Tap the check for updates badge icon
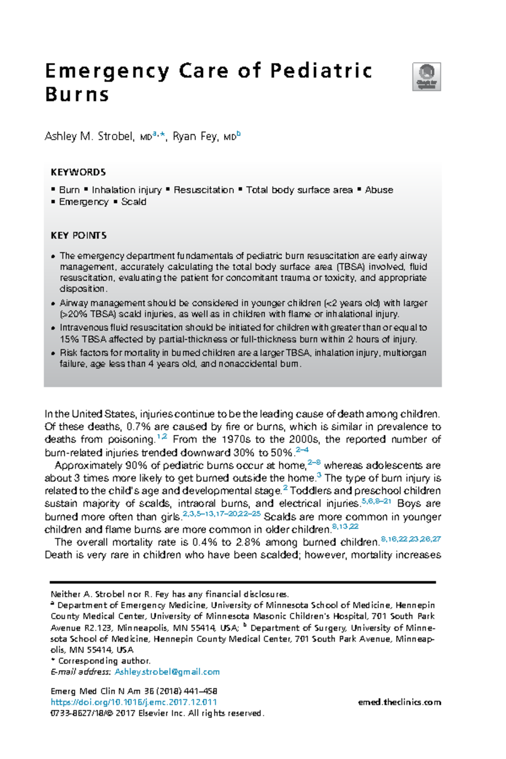tap(426, 77)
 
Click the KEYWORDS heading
tap(78, 172)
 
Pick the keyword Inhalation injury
tap(126, 190)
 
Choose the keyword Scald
tap(134, 202)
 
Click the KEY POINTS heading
tap(78, 235)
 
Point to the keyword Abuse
tap(379, 190)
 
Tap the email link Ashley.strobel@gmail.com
tap(167, 672)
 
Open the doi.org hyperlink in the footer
tap(134, 702)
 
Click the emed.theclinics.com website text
tap(399, 702)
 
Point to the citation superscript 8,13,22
tap(345, 527)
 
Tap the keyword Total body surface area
tap(299, 190)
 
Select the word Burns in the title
tap(77, 94)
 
